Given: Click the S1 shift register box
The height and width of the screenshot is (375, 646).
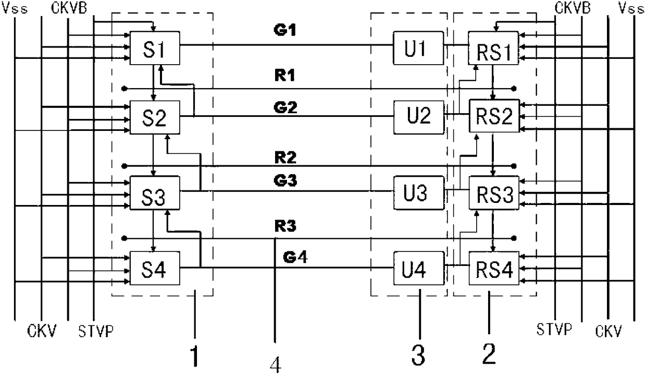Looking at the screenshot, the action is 155,48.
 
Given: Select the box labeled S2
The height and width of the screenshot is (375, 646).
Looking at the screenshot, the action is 155,117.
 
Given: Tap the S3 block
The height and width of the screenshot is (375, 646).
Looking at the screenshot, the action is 155,193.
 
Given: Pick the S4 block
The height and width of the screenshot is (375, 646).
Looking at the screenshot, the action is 155,268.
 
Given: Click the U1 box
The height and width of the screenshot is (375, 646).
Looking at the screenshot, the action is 418,48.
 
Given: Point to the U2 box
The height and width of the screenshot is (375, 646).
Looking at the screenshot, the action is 419,117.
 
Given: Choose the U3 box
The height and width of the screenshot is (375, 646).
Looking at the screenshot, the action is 419,193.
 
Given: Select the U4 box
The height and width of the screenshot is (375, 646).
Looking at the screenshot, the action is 419,268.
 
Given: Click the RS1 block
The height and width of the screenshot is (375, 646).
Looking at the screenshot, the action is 493,48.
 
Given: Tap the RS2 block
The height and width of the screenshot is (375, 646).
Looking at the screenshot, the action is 494,116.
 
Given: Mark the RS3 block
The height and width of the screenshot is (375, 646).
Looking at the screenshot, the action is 494,193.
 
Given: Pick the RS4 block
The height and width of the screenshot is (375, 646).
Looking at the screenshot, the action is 494,268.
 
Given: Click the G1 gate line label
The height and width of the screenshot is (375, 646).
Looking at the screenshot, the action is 285,30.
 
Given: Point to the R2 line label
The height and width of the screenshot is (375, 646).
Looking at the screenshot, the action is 285,158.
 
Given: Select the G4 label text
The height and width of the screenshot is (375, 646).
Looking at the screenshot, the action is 295,257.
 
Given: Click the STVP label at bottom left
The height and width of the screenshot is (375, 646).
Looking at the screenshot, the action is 96,331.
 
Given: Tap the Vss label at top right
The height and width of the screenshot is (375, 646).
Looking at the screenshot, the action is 631,9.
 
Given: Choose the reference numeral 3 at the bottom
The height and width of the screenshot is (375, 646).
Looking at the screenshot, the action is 418,355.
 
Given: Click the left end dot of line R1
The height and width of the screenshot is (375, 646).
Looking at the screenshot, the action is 125,89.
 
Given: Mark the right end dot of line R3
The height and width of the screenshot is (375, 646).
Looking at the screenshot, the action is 514,238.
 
